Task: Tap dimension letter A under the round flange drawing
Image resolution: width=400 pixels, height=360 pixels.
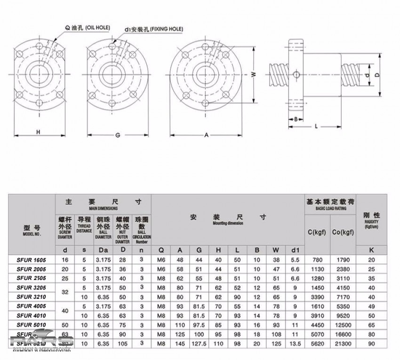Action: click(206, 136)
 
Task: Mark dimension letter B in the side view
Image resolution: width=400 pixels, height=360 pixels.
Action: click(295, 119)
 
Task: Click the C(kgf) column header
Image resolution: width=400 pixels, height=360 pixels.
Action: click(317, 232)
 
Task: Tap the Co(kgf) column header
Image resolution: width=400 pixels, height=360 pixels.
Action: click(343, 232)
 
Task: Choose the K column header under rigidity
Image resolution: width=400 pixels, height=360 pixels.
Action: click(372, 250)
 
